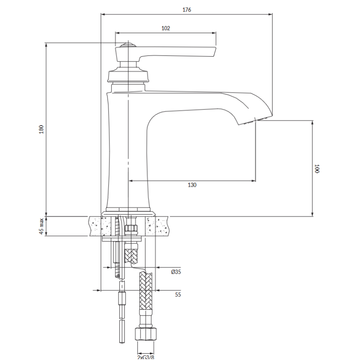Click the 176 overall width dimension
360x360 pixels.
(187, 9)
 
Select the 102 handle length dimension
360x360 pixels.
(166, 28)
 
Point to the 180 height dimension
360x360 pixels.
(41, 130)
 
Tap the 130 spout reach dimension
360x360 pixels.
(192, 185)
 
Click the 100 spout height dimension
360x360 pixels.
(317, 169)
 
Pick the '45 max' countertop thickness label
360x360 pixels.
(41, 226)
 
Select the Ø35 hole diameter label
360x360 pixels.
(176, 272)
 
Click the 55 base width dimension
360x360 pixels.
(178, 295)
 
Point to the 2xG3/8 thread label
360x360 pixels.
(146, 357)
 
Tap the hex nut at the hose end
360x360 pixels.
(145, 334)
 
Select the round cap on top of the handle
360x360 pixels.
(128, 45)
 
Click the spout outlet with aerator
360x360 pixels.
(255, 121)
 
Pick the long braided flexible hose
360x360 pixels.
(146, 290)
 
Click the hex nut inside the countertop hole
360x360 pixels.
(131, 229)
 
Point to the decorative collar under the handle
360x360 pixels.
(128, 75)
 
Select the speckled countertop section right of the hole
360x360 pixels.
(157, 226)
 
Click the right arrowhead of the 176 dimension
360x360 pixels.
(270, 14)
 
